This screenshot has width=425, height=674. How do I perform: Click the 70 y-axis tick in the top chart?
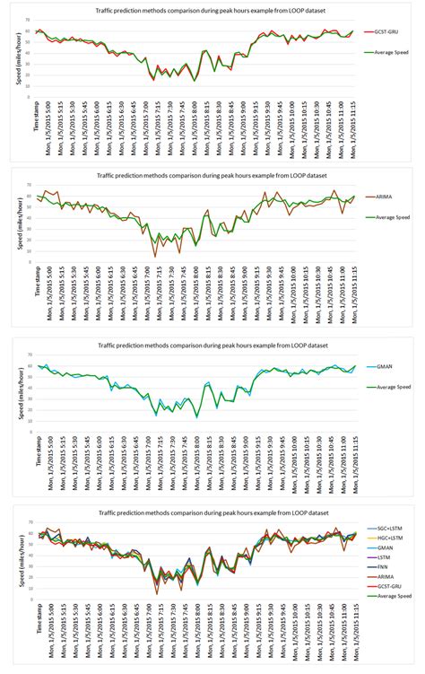(x=27, y=20)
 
